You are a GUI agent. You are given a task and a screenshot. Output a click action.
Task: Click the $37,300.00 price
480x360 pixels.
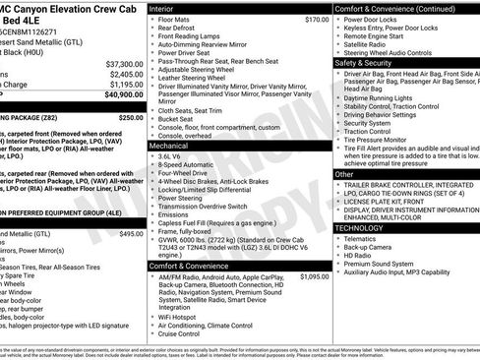123,63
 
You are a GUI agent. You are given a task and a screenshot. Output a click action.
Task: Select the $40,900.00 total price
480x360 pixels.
123,95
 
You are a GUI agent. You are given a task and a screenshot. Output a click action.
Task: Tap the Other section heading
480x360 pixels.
344,173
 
